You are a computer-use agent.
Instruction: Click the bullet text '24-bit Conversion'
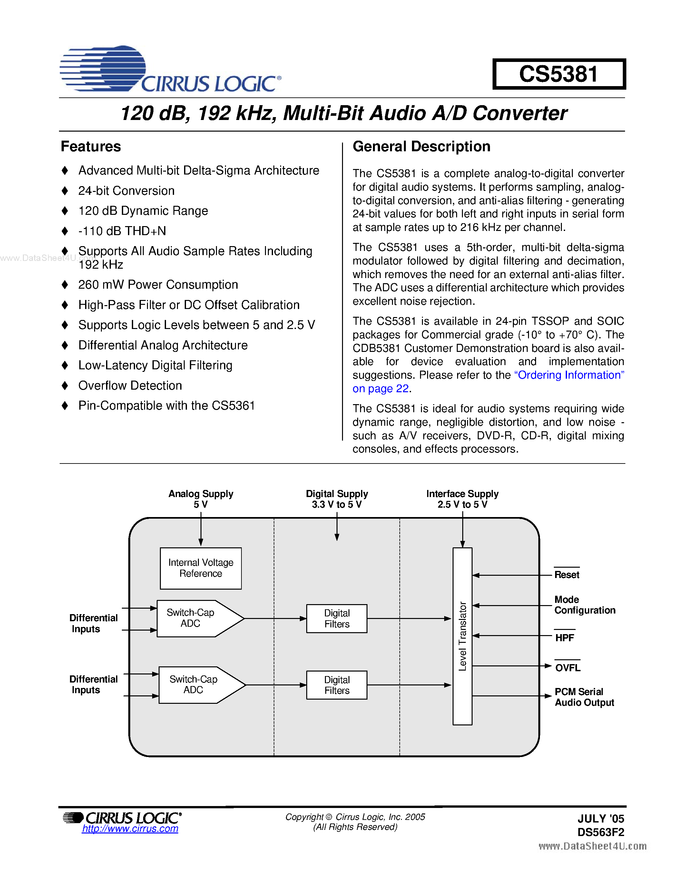126,191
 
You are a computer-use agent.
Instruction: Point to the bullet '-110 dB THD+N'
122,231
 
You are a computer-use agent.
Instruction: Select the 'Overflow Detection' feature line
130,385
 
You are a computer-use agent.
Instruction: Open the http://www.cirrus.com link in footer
130,829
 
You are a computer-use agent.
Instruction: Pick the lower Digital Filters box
337,685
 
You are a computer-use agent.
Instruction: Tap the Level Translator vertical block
462,636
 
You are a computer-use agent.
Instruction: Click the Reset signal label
566,575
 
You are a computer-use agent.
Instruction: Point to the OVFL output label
567,668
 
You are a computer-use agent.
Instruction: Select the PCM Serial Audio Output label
584,697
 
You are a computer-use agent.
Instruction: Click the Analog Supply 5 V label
201,499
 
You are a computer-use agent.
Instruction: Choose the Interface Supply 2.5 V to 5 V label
462,499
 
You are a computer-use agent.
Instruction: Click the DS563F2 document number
601,832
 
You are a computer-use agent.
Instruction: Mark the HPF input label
564,638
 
